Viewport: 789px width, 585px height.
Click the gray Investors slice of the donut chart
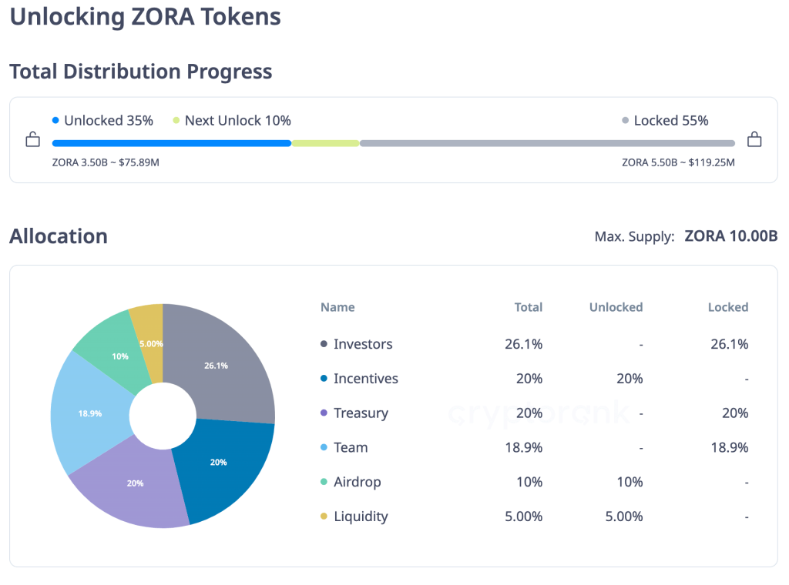point(223,362)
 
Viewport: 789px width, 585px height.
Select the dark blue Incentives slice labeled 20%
point(223,466)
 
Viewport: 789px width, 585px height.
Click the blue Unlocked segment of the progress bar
point(171,143)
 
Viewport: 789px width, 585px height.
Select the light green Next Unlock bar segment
point(325,143)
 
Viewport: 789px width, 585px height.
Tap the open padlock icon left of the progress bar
point(32,139)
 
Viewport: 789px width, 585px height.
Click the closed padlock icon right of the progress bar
point(754,139)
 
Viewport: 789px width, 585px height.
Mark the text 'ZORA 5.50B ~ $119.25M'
point(678,162)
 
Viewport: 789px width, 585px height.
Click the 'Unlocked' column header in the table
point(616,307)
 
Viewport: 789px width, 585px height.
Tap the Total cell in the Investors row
point(523,344)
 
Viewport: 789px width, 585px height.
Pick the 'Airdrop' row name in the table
point(357,482)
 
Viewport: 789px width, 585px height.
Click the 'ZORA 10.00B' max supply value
point(730,236)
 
